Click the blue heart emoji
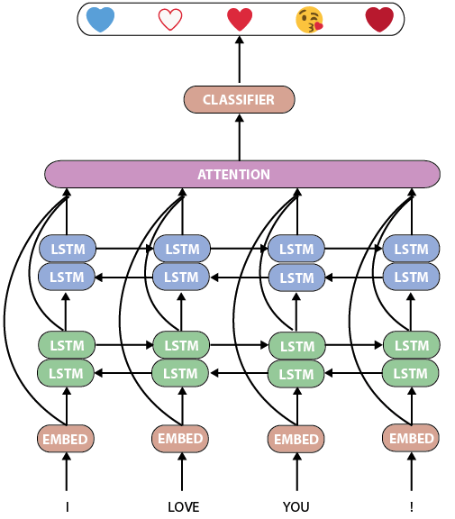[100, 20]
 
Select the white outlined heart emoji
[170, 20]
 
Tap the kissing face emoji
[309, 20]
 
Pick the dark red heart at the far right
[379, 20]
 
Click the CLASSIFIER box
[239, 100]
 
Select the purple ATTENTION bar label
[233, 175]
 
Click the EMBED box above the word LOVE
[180, 439]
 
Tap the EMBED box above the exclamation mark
[411, 438]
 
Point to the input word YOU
[296, 506]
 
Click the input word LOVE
[183, 506]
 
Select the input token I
[68, 506]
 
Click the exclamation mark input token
[412, 506]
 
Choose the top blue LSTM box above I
[68, 249]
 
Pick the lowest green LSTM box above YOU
[296, 374]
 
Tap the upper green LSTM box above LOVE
[181, 345]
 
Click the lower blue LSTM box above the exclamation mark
[411, 277]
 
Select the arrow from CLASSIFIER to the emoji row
[240, 59]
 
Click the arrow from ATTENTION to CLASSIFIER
[240, 137]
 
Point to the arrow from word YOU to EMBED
[296, 471]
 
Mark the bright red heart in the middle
[240, 20]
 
